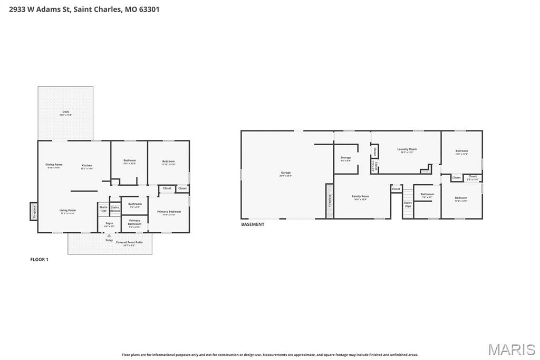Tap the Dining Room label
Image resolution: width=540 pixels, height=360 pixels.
[x=54, y=165]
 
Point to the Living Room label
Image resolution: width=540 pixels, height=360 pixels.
[x=67, y=211]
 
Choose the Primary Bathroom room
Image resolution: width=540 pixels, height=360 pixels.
[x=134, y=223]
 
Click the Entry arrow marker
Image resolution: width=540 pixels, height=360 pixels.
[x=109, y=235]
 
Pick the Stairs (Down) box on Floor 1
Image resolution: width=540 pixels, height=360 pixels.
[x=115, y=209]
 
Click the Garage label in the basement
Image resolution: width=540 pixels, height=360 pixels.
[x=285, y=174]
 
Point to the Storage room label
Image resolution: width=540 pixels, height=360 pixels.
[x=345, y=158]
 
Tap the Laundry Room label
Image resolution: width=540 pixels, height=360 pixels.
[x=407, y=150]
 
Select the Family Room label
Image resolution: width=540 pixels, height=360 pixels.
[x=360, y=197]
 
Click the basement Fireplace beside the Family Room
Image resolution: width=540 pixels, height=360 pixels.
[x=330, y=201]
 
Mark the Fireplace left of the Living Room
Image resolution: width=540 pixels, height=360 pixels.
[x=33, y=212]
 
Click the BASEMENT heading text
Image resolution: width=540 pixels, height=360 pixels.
[x=253, y=224]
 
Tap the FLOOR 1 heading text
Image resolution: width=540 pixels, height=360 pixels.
[x=39, y=259]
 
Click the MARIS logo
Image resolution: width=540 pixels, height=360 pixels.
[x=511, y=349]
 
